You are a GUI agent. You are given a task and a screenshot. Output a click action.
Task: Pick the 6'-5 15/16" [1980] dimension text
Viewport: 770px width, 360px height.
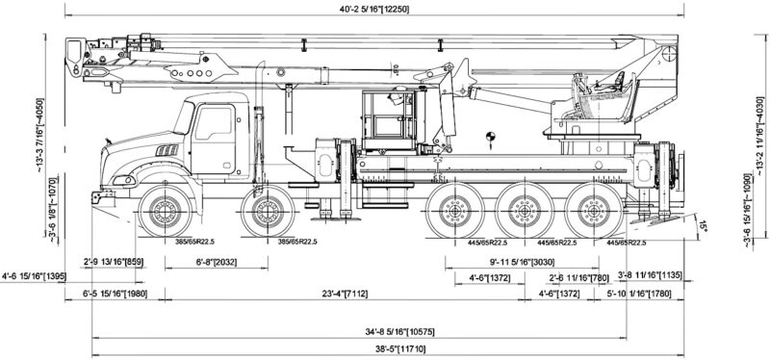[113, 294]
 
